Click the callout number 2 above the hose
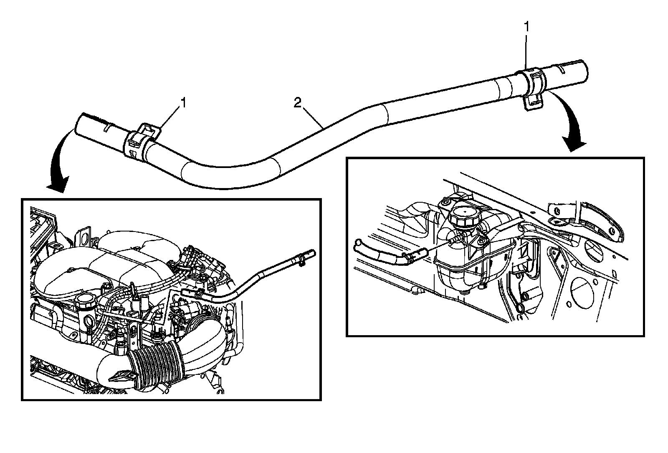297,103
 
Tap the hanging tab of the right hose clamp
530,104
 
